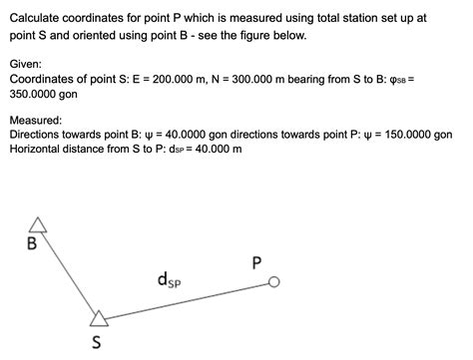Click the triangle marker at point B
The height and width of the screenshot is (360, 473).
pyautogui.click(x=38, y=225)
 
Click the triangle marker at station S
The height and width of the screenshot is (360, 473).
pyautogui.click(x=98, y=318)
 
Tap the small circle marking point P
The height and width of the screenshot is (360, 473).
pyautogui.click(x=274, y=284)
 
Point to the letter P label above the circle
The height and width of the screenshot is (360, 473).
pyautogui.click(x=257, y=263)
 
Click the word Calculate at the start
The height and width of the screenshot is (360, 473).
pyautogui.click(x=37, y=18)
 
